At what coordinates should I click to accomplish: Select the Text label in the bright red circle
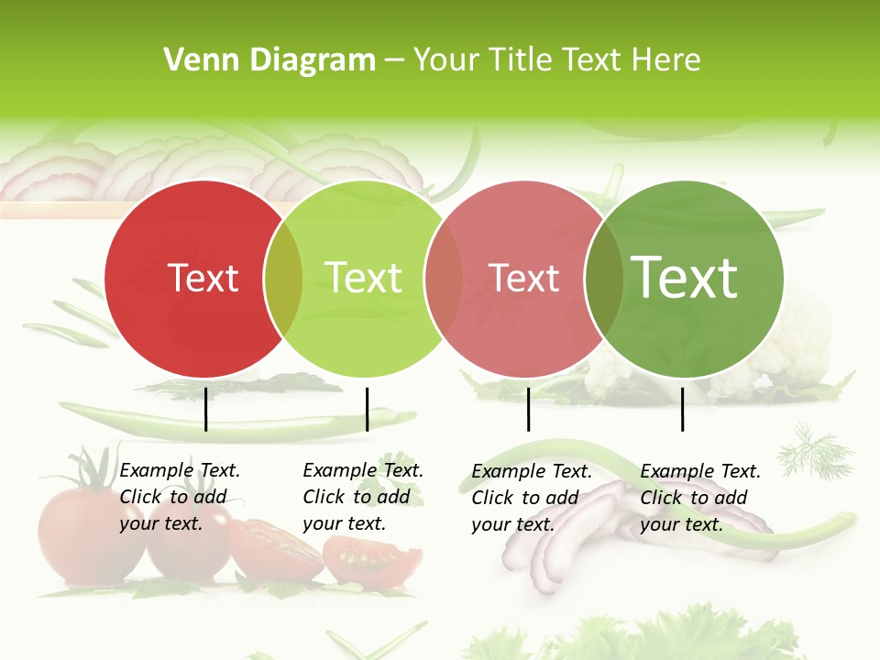[x=203, y=279]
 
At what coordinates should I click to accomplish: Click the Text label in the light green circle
[x=363, y=279]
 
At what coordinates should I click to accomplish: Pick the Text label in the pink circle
[x=524, y=279]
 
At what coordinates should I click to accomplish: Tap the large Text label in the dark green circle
[x=684, y=277]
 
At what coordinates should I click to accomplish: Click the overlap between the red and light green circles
[x=283, y=279]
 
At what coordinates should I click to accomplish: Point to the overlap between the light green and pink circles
[x=444, y=279]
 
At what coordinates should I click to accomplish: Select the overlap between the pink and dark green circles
[x=603, y=279]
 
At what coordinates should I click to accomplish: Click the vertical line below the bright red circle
[x=205, y=409]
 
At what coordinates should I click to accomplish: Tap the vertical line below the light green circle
[x=367, y=409]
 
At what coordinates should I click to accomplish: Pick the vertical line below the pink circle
[x=528, y=409]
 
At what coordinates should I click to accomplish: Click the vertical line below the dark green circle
[x=682, y=409]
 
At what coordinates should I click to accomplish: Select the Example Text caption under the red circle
[x=179, y=497]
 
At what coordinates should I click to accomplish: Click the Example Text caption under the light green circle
[x=362, y=497]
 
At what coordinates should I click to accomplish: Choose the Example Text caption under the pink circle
[x=531, y=498]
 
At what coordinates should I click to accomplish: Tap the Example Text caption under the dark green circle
[x=699, y=498]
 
